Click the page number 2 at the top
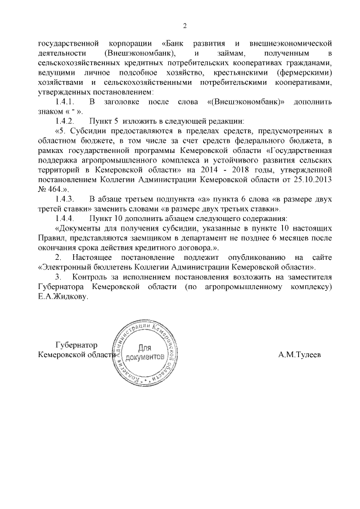(184, 25)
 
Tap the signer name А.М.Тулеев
(301, 355)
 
